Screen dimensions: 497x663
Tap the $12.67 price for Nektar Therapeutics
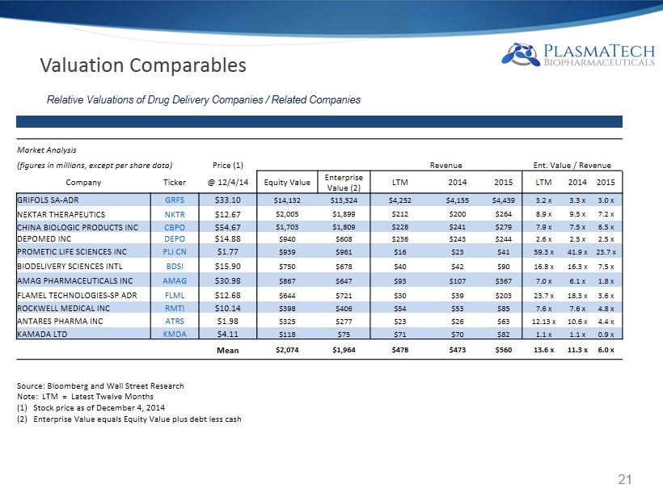click(x=226, y=213)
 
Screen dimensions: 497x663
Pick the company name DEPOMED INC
click(x=48, y=238)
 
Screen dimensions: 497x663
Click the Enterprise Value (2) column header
click(x=343, y=182)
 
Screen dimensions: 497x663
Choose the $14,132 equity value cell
click(x=289, y=199)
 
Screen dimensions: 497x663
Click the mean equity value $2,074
click(x=289, y=350)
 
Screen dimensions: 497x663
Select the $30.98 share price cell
click(x=226, y=280)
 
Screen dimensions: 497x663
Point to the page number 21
click(x=623, y=480)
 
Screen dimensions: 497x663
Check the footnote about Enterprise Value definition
click(x=129, y=419)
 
